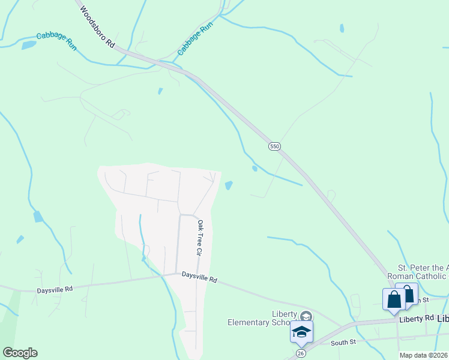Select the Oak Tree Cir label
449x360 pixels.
(x=200, y=238)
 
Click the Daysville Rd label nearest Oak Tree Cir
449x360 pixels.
(x=199, y=278)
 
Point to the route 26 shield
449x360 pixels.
(x=300, y=353)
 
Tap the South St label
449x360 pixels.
(x=343, y=343)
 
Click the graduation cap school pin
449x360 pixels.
(x=301, y=331)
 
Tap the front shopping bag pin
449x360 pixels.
(x=394, y=299)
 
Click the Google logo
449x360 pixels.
(x=20, y=353)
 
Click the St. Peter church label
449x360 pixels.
(x=423, y=271)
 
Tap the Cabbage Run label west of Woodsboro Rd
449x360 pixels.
(x=56, y=40)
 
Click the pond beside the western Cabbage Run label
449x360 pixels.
(x=28, y=45)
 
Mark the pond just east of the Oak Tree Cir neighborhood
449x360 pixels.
(x=229, y=185)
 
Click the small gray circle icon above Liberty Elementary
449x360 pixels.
(x=306, y=316)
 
